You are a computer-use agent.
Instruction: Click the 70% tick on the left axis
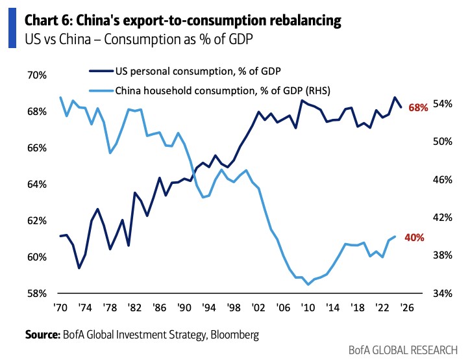(37, 75)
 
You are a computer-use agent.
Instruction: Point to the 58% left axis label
(37, 294)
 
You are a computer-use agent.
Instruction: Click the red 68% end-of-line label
(418, 108)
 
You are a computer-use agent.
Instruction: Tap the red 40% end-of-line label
(415, 238)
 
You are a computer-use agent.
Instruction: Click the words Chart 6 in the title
(46, 21)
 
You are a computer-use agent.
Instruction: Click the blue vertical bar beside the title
(12, 29)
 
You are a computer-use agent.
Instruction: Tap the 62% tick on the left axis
(37, 221)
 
